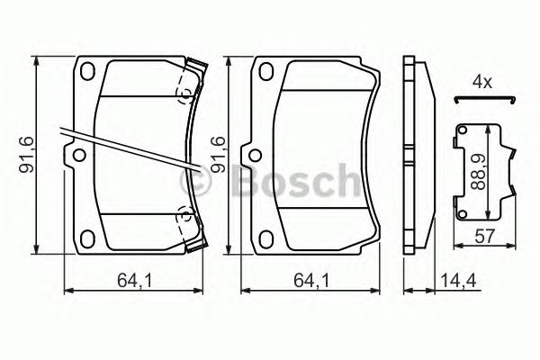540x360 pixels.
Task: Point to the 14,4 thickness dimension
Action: tap(454, 280)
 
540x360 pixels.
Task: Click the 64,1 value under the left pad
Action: tap(133, 280)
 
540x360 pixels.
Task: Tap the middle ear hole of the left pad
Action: tap(78, 156)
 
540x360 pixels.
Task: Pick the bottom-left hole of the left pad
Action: tap(89, 239)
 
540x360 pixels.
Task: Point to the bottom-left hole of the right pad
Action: tap(267, 239)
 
